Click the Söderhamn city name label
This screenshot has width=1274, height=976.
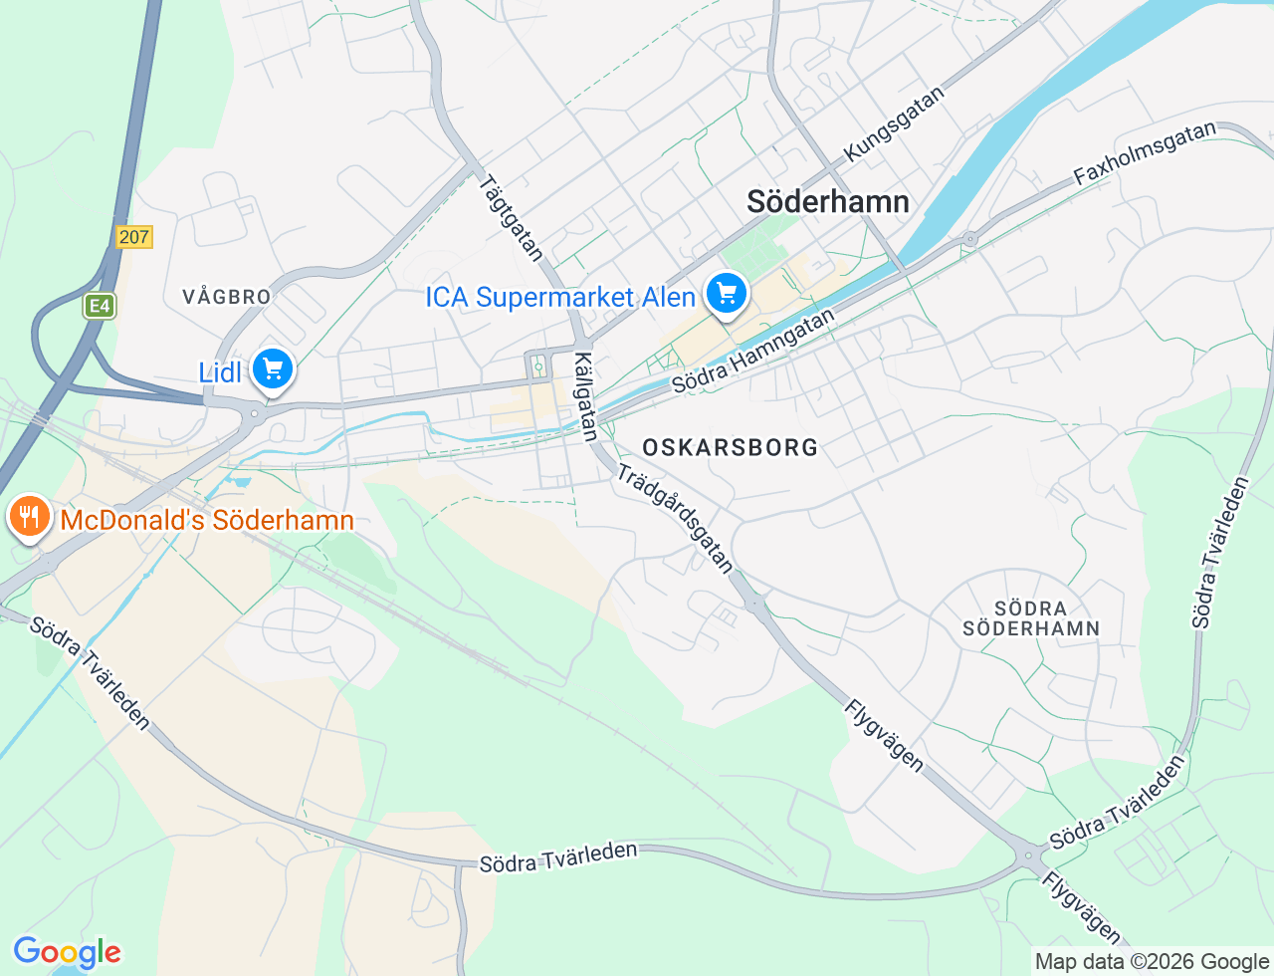tap(828, 202)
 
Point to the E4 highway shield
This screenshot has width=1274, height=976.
tap(100, 306)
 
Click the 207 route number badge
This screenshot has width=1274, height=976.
tap(133, 237)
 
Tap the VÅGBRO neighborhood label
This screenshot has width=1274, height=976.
tap(227, 297)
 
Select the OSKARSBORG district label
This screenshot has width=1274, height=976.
tap(731, 447)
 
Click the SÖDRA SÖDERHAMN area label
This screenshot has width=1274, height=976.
tap(1031, 618)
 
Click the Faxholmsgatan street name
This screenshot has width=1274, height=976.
tap(1145, 153)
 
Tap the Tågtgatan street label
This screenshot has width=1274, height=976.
tap(511, 218)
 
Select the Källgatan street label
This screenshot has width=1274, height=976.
tap(586, 396)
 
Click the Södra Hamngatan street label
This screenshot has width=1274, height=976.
tap(753, 352)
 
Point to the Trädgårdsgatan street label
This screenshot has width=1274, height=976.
tap(676, 518)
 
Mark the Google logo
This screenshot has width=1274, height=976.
tap(67, 953)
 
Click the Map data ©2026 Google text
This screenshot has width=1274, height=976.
tap(1152, 961)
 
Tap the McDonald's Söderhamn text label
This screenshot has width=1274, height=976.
tap(207, 520)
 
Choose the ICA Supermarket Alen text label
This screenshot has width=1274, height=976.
tap(560, 297)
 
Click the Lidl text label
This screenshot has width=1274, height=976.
tap(220, 372)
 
